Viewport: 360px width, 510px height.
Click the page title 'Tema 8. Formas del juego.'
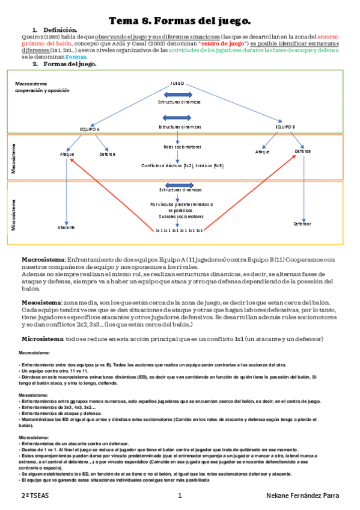(179, 21)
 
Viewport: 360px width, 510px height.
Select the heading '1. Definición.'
(55, 30)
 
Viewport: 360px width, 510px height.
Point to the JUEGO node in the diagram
(177, 83)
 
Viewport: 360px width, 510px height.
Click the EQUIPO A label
(90, 129)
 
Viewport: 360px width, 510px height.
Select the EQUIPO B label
(285, 127)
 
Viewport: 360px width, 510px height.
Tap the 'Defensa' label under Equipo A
(107, 155)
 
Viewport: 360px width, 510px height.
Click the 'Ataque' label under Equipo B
(263, 152)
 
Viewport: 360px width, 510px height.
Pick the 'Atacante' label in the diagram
(66, 227)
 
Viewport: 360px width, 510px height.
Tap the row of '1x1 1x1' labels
(179, 230)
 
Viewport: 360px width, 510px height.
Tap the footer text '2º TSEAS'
(31, 496)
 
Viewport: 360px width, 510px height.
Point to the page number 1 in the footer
(180, 496)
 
